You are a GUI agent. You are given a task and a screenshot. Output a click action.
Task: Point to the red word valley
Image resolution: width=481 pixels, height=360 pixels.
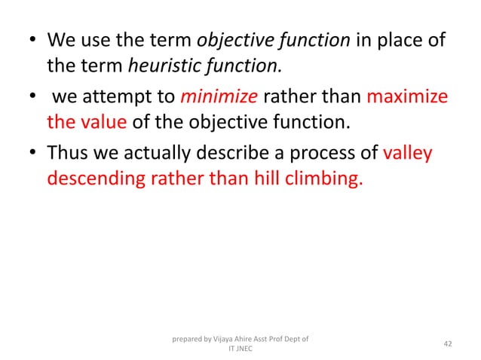coord(408,154)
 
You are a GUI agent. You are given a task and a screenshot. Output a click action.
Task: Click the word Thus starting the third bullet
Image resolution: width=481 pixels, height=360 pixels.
coord(69,154)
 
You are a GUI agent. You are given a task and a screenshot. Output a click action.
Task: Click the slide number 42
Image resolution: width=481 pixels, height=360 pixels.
coord(448,343)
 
